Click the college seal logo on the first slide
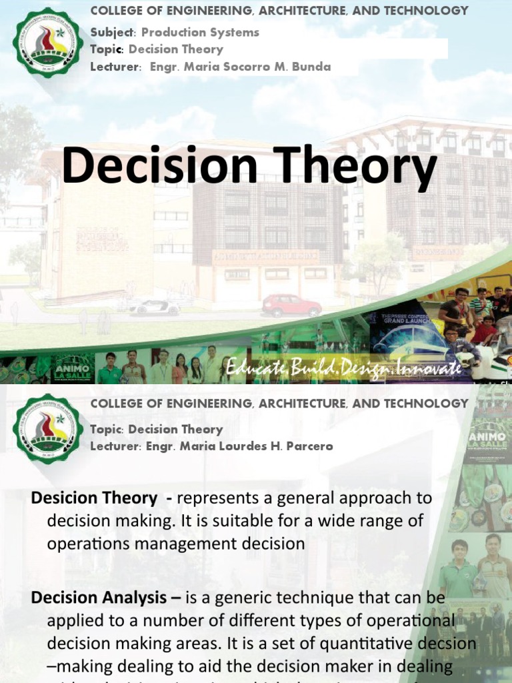(x=45, y=42)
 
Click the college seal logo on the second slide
(x=45, y=429)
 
